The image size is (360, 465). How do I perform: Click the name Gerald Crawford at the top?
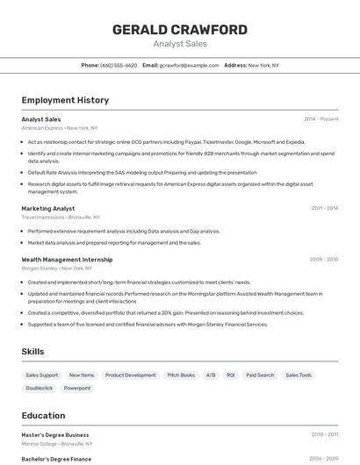pyautogui.click(x=179, y=29)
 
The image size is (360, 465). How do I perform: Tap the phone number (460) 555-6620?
pyautogui.click(x=119, y=65)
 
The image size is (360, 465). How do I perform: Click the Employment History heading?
pyautogui.click(x=65, y=100)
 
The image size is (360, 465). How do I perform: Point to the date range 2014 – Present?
pyautogui.click(x=320, y=119)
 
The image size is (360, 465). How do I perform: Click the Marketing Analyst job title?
pyautogui.click(x=48, y=209)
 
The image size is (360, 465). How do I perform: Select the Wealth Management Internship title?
pyautogui.click(x=67, y=260)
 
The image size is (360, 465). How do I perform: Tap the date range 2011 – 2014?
pyautogui.click(x=324, y=209)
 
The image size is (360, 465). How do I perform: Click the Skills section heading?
pyautogui.click(x=33, y=352)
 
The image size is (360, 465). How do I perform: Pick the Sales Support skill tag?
pyautogui.click(x=42, y=375)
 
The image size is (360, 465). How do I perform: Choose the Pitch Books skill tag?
pyautogui.click(x=181, y=375)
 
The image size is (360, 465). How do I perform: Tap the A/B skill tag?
pyautogui.click(x=211, y=375)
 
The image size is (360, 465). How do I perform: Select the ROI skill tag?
pyautogui.click(x=231, y=375)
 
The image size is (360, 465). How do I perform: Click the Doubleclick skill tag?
pyautogui.click(x=40, y=388)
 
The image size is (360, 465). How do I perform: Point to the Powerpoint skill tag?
pyautogui.click(x=77, y=388)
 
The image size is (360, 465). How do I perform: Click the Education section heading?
pyautogui.click(x=43, y=415)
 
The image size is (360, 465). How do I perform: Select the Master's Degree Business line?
pyautogui.click(x=55, y=434)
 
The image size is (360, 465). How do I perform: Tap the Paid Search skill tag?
pyautogui.click(x=260, y=375)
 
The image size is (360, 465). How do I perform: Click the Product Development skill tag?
pyautogui.click(x=131, y=375)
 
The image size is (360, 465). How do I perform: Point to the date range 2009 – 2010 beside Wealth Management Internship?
pyautogui.click(x=324, y=260)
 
